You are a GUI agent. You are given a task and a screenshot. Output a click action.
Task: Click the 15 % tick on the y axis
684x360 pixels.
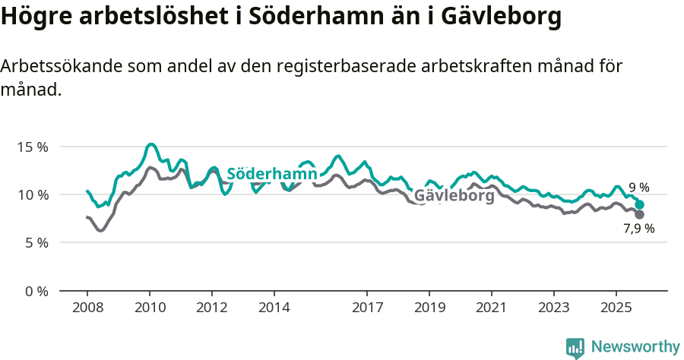coord(33,147)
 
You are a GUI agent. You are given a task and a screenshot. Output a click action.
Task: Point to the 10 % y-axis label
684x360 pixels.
coord(33,194)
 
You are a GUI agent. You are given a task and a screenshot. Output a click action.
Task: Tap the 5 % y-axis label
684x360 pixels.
coord(36,243)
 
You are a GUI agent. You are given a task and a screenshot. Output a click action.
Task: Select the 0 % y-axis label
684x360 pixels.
coord(36,291)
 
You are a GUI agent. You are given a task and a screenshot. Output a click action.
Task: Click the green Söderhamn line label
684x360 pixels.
coord(271,174)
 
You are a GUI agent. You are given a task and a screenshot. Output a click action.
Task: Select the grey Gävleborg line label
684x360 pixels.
coord(454,196)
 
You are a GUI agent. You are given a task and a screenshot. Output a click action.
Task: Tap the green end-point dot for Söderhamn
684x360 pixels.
coord(640,205)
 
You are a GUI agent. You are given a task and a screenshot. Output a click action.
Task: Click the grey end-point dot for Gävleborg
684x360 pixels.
coord(640,215)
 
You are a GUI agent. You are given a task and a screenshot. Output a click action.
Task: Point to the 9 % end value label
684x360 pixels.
coord(638,188)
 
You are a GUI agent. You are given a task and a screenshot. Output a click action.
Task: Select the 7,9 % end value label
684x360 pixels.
coord(638,229)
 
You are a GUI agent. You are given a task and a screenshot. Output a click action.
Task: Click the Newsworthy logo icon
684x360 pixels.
coord(575,348)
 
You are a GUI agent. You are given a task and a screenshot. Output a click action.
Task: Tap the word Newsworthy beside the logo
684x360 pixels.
coord(635,347)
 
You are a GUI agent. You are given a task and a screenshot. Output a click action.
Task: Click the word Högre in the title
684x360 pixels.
coord(36,17)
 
